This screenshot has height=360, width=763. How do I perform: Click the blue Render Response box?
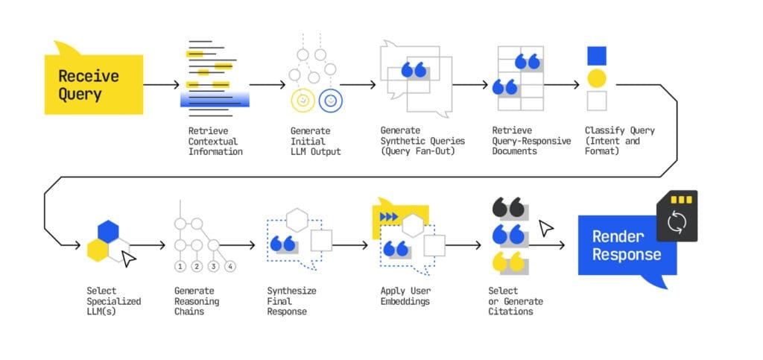(x=627, y=246)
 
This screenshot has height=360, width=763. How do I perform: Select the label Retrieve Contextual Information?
(x=215, y=141)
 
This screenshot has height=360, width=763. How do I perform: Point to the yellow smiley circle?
(x=302, y=100)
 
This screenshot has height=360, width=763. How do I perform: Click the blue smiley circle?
(x=329, y=100)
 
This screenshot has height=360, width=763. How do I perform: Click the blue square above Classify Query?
(x=596, y=56)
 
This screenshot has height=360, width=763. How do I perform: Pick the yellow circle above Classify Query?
(x=596, y=78)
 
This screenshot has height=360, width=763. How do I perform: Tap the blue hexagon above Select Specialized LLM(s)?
(x=109, y=231)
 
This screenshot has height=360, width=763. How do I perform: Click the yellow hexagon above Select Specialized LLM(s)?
(x=97, y=250)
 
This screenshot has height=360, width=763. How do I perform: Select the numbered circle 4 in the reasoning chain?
(x=230, y=266)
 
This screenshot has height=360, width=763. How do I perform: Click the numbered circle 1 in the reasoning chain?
(x=180, y=266)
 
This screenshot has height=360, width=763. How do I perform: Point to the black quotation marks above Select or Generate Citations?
(x=507, y=209)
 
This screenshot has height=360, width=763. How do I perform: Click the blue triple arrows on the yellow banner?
(x=388, y=217)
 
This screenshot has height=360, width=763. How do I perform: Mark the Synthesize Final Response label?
(x=287, y=301)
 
